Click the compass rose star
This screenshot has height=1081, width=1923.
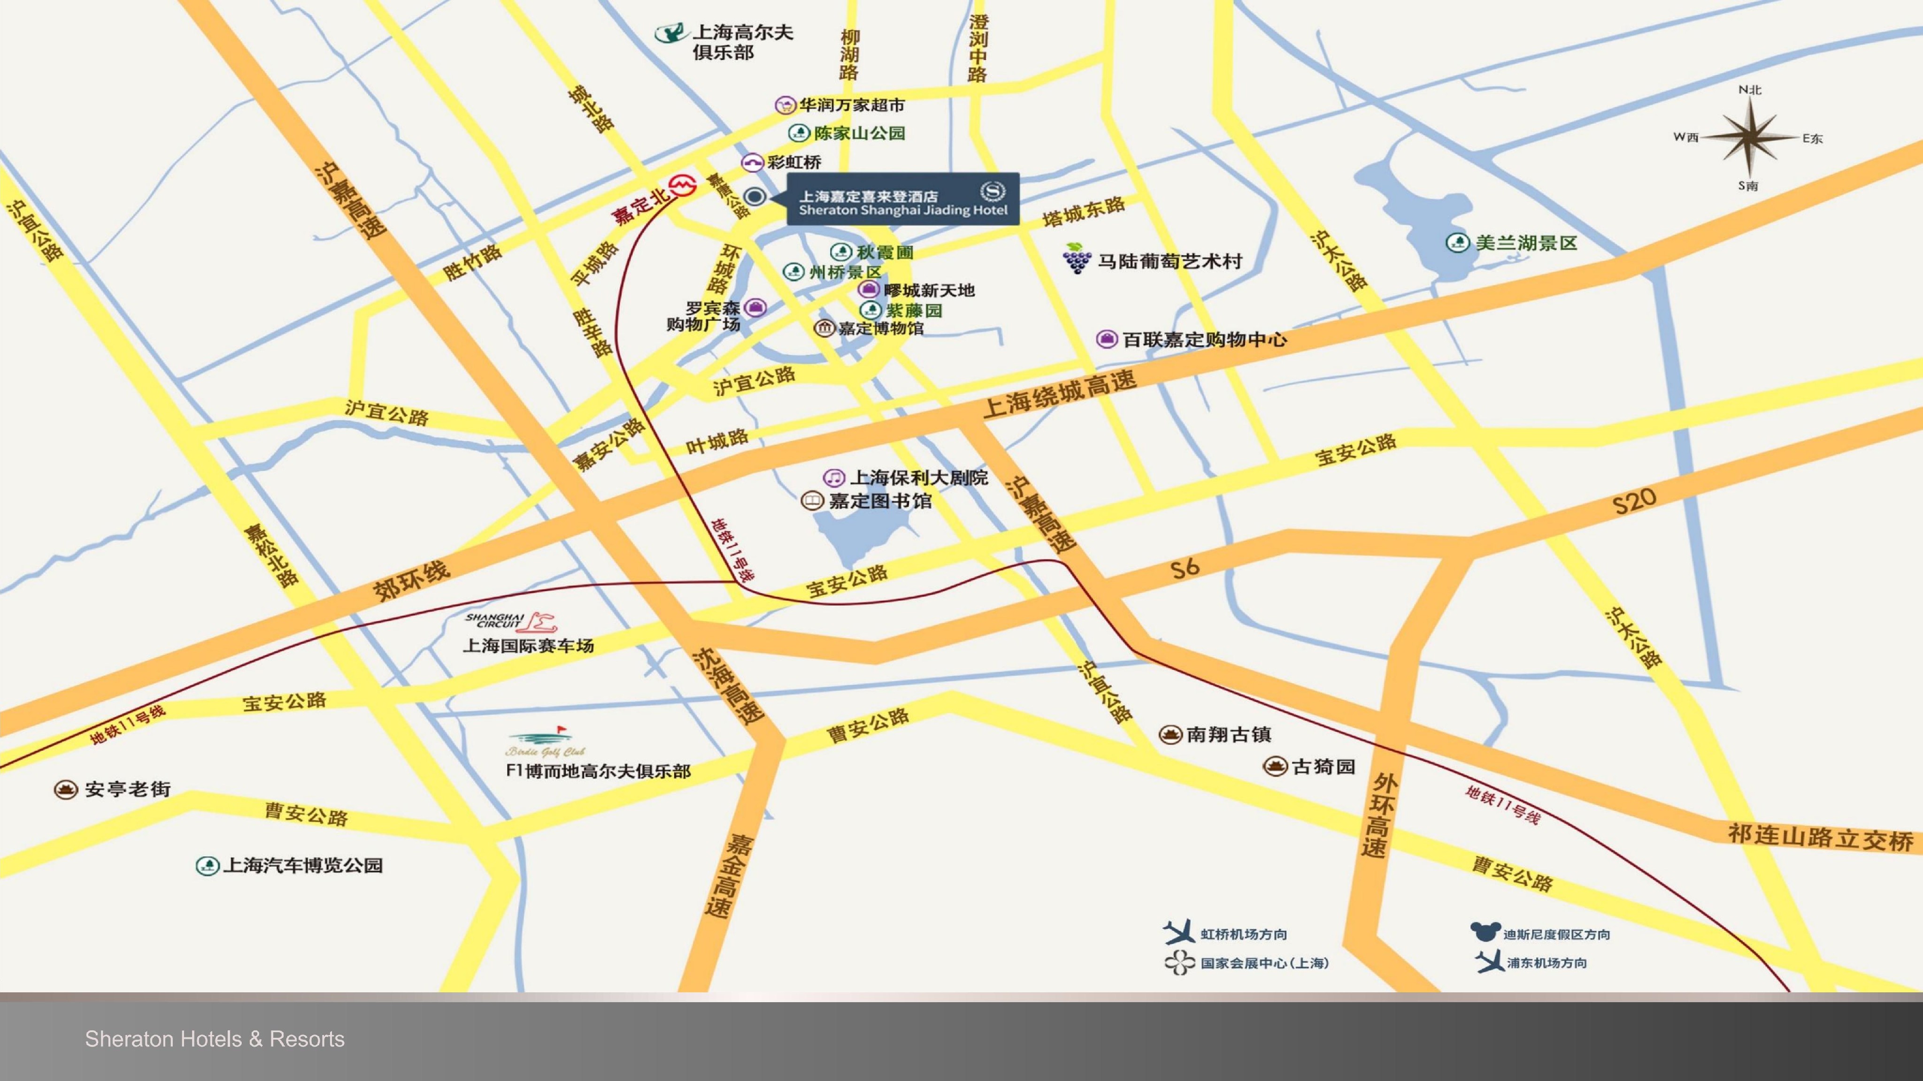1749,138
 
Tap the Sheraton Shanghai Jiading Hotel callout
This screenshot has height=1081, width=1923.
903,198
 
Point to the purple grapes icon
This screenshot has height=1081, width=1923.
1076,258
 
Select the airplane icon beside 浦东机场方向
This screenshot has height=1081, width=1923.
1489,962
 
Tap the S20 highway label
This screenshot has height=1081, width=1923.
1634,502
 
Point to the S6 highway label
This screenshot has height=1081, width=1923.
1185,568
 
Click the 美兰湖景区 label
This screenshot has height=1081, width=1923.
1525,243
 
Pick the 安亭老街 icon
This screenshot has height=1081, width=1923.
67,789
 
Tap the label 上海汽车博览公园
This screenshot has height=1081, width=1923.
302,865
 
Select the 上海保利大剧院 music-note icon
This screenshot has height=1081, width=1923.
834,478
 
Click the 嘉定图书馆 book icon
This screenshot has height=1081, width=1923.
812,501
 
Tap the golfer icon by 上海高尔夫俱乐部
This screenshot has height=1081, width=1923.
670,33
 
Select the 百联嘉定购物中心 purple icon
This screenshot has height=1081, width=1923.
1106,339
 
